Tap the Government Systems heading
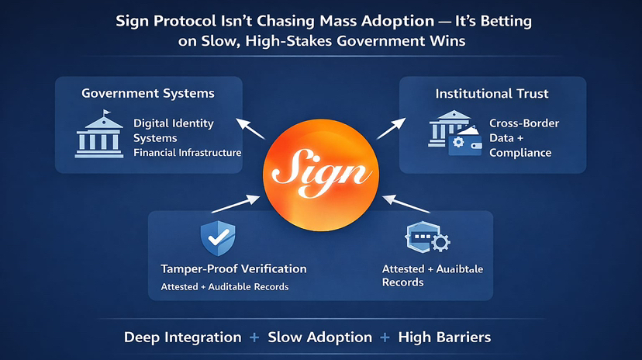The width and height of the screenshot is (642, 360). pyautogui.click(x=148, y=94)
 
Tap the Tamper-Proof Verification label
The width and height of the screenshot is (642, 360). pyautogui.click(x=233, y=268)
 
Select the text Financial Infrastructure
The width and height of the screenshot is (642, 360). pyautogui.click(x=187, y=152)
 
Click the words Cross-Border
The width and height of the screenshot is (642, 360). pyautogui.click(x=524, y=123)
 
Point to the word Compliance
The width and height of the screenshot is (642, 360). pyautogui.click(x=520, y=152)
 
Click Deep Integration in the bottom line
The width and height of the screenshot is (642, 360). pyautogui.click(x=182, y=337)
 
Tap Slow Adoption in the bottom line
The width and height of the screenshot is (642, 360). pyautogui.click(x=319, y=337)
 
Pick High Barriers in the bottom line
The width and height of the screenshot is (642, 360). pyautogui.click(x=444, y=337)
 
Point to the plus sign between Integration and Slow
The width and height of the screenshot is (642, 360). pyautogui.click(x=254, y=337)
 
